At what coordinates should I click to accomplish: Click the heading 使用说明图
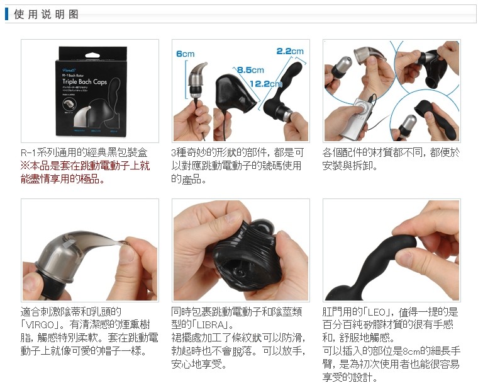tap(46, 14)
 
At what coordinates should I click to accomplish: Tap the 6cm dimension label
tap(185, 54)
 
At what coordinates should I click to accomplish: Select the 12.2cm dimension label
tap(266, 84)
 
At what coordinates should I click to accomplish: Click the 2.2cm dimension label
tap(290, 51)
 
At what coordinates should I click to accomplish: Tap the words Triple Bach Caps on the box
tap(84, 81)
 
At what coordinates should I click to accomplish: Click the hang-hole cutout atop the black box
tap(92, 55)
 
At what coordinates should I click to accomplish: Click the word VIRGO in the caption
tap(40, 324)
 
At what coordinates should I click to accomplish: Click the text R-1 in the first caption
tap(28, 152)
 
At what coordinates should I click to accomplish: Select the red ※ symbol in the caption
tap(25, 166)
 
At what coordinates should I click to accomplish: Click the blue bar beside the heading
tap(6, 14)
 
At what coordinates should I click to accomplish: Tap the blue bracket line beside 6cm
tap(186, 80)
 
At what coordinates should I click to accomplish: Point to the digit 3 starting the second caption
tap(174, 152)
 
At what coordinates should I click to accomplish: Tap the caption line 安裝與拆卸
tap(350, 166)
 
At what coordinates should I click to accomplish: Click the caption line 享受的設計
tap(350, 377)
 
